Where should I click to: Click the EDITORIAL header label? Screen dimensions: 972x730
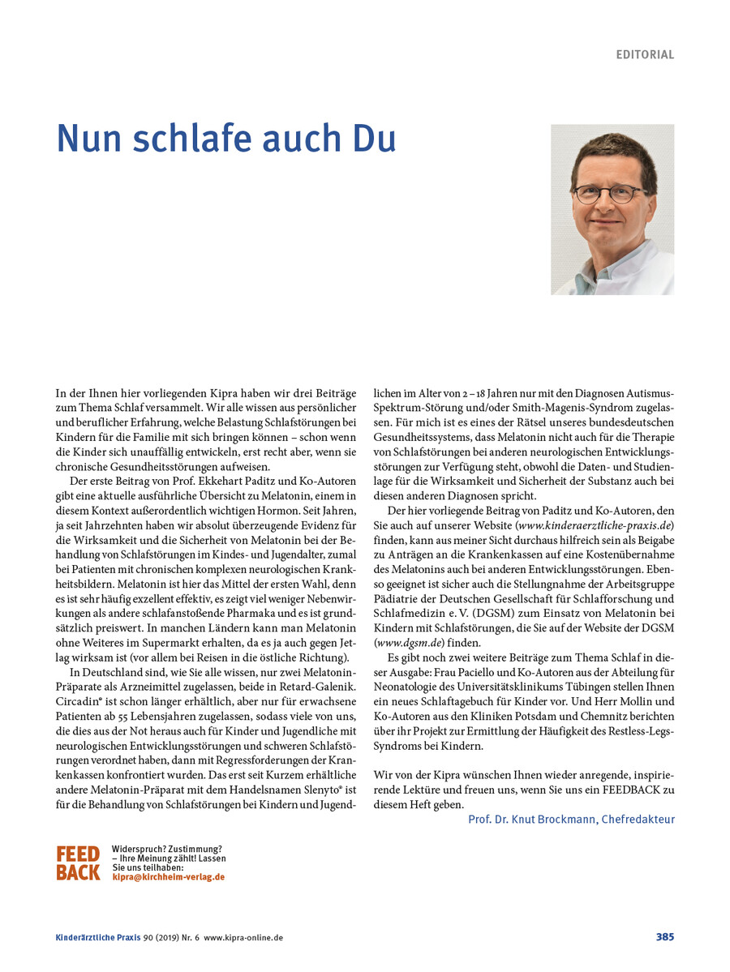point(645,55)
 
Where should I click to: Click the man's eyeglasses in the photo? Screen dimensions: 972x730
point(609,194)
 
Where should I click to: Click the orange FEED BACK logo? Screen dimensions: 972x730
point(78,863)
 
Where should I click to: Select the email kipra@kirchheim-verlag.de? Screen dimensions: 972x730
point(169,877)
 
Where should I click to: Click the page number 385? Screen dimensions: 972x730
point(664,937)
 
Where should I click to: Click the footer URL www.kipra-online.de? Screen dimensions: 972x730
point(243,937)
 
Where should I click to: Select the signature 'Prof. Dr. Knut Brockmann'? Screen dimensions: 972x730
point(532,820)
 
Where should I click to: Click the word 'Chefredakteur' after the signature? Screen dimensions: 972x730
point(638,820)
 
